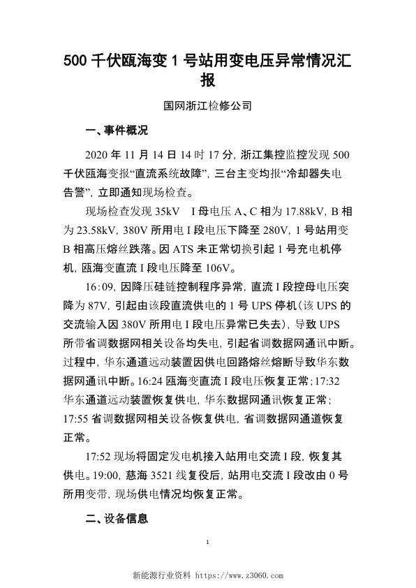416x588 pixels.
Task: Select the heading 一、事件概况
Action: pos(116,130)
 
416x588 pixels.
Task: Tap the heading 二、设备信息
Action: pos(116,520)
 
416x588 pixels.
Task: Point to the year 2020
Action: pos(97,155)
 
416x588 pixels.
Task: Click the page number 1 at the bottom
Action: pos(208,543)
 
